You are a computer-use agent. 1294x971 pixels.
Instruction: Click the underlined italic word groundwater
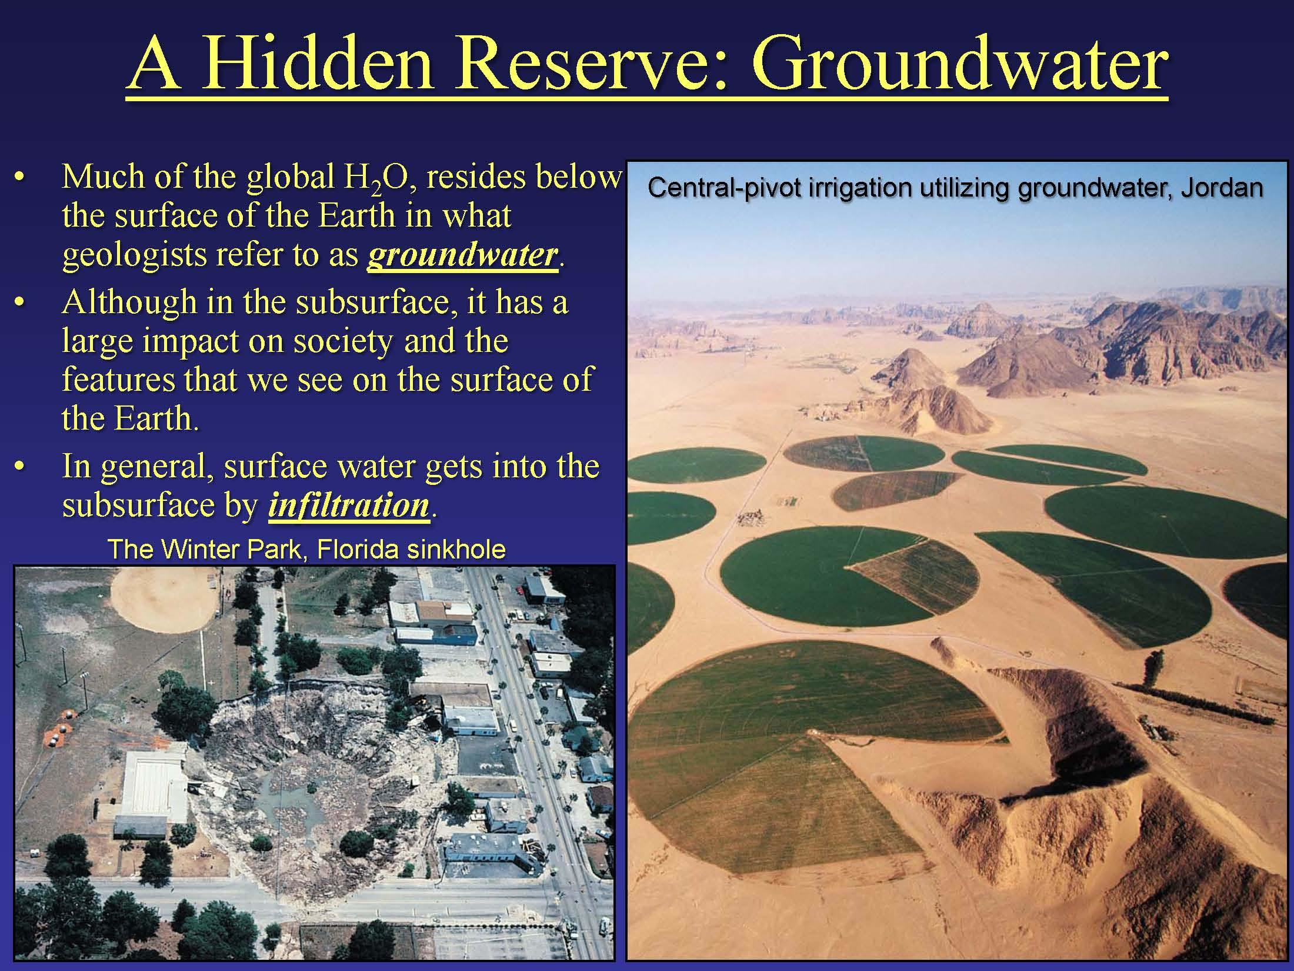point(462,255)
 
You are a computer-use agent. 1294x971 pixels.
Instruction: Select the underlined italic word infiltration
point(348,504)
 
